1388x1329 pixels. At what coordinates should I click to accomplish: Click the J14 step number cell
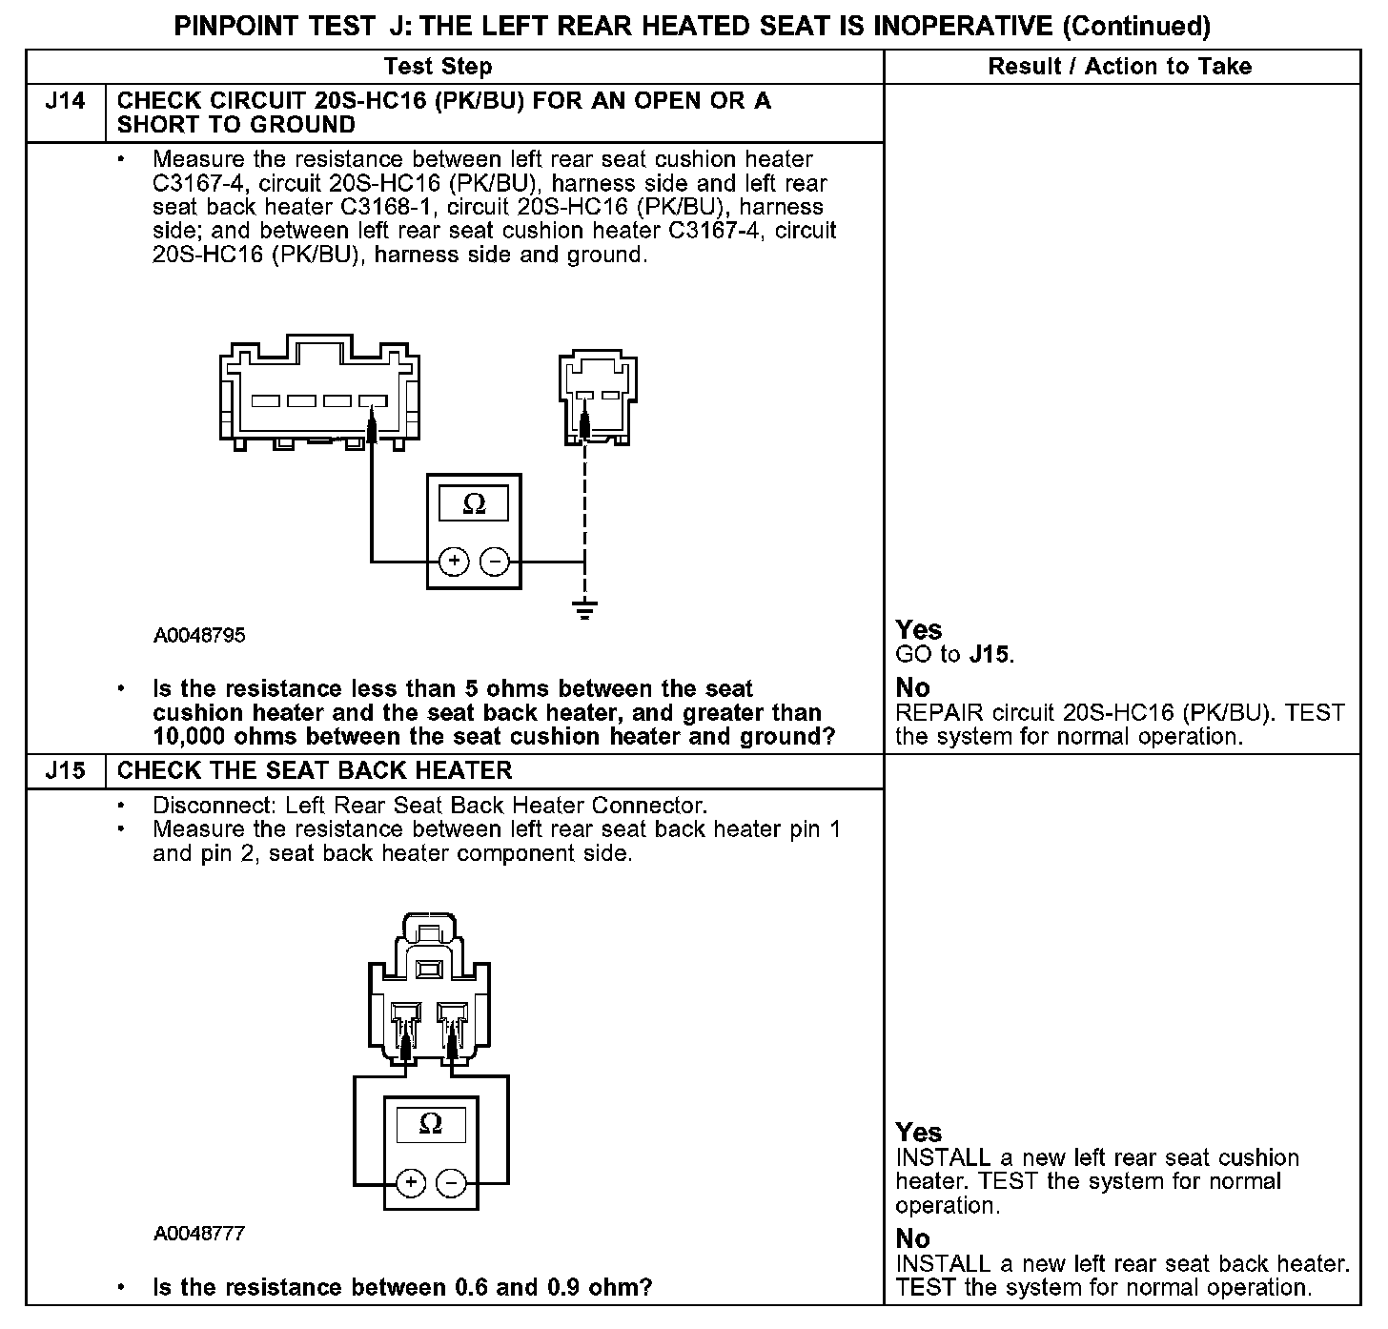point(65,101)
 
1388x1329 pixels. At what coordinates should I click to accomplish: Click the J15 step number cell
point(65,770)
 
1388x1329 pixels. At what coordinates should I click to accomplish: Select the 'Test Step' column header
point(438,67)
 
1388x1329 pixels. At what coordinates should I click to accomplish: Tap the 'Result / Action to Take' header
point(1120,67)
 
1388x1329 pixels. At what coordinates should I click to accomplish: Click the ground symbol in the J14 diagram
point(585,608)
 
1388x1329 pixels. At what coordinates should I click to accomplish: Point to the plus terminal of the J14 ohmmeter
point(454,562)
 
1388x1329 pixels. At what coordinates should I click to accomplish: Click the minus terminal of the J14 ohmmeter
point(494,562)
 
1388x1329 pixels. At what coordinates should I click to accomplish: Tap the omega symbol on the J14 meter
point(474,504)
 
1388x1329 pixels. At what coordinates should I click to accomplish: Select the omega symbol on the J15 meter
point(431,1124)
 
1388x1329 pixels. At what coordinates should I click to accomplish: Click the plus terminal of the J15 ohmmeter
point(411,1184)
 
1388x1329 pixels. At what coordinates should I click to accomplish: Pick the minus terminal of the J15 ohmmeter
point(450,1184)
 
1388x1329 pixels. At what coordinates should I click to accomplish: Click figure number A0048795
point(199,635)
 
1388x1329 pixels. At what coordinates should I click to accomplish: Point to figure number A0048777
point(199,1234)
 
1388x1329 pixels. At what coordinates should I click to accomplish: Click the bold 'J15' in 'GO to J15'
point(990,655)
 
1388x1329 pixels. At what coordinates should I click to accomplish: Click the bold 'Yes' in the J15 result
point(919,1133)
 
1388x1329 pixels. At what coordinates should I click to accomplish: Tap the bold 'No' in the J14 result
point(913,687)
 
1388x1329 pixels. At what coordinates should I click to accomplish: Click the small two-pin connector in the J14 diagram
point(598,399)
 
